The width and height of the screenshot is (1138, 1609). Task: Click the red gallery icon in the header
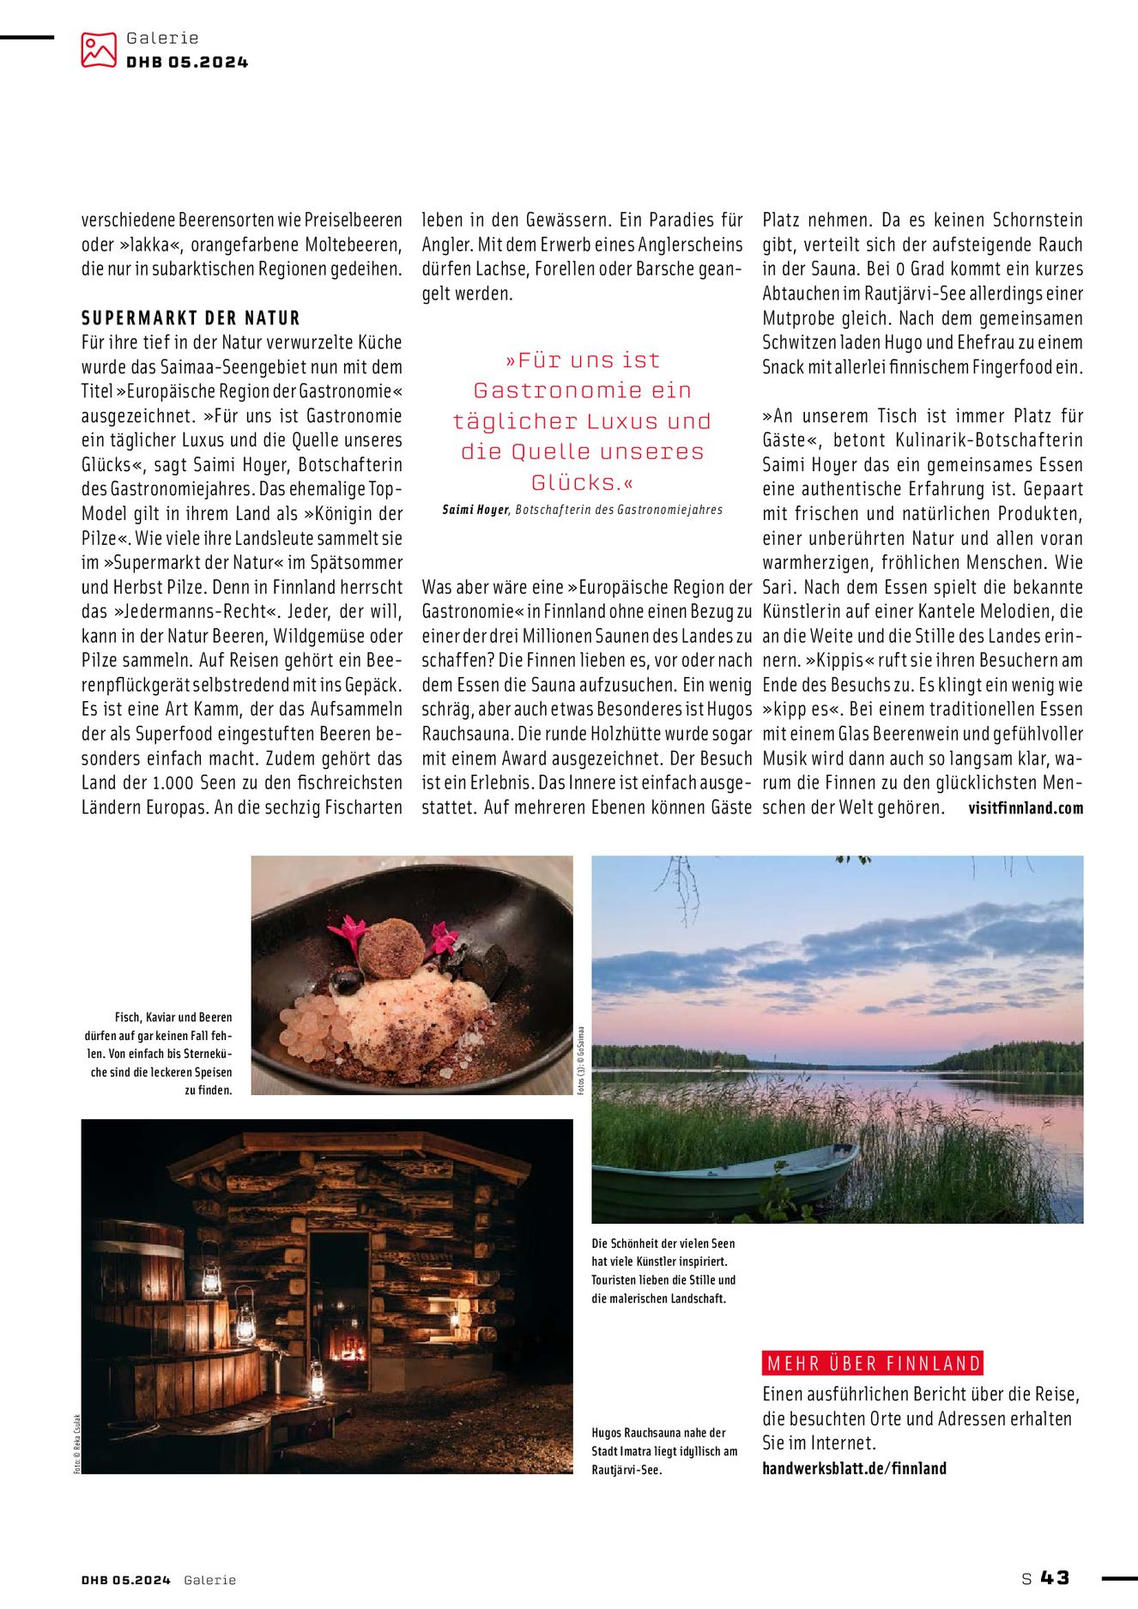(x=99, y=50)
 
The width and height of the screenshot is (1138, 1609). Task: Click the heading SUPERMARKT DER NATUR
(x=191, y=318)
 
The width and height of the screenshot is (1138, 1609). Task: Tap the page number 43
(x=1055, y=1577)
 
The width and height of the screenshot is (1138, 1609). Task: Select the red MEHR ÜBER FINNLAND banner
(x=872, y=1363)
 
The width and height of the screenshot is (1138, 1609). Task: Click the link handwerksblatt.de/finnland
(x=854, y=1468)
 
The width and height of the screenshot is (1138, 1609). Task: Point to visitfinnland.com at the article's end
(x=1025, y=808)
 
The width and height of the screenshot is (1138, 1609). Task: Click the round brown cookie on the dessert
(x=391, y=947)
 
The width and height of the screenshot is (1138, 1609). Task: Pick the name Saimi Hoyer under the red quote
(x=475, y=510)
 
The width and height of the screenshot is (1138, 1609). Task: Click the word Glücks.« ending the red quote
(x=582, y=482)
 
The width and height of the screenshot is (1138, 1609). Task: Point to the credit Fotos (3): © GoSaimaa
(x=581, y=1060)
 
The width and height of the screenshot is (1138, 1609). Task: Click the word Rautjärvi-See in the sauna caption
(x=627, y=1470)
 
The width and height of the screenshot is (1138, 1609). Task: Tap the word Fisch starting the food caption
(x=127, y=1017)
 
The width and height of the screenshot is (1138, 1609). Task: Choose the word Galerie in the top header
(x=162, y=38)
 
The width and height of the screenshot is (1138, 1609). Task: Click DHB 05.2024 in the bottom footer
(x=126, y=1580)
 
